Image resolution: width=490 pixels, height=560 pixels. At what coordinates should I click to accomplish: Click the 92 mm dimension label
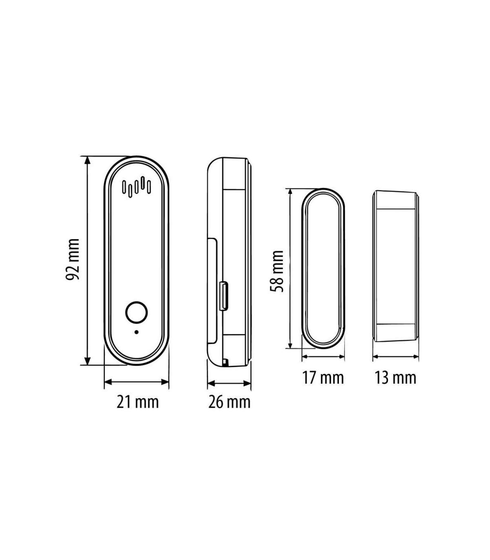[73, 259]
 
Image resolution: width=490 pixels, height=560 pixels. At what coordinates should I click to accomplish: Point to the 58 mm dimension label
[277, 271]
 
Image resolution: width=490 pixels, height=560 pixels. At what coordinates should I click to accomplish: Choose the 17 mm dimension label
[323, 378]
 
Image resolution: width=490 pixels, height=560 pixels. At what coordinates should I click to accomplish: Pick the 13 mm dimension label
[395, 378]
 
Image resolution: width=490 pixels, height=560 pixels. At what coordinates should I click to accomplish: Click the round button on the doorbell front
[136, 312]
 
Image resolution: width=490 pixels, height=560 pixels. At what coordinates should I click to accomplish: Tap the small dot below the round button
[136, 332]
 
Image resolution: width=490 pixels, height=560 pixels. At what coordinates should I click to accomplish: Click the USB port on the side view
[224, 296]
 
